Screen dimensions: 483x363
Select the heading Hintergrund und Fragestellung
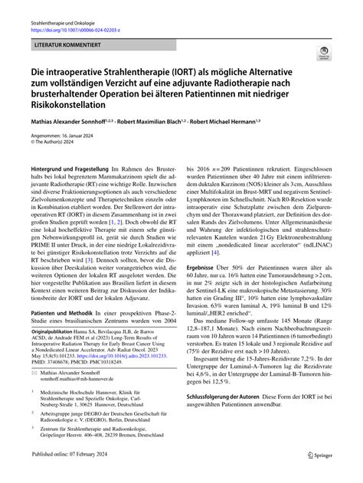70,168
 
